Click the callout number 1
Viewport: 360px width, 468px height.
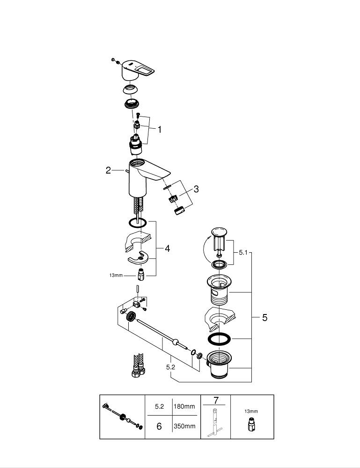point(159,130)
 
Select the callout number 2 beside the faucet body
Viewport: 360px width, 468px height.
point(108,171)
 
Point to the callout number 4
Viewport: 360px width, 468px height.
point(167,249)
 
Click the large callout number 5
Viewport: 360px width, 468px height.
point(264,318)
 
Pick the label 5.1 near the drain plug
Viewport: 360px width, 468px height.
point(242,253)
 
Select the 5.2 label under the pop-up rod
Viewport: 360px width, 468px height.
point(170,367)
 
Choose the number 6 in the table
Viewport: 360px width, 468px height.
point(159,426)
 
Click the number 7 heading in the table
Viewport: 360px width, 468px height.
point(216,400)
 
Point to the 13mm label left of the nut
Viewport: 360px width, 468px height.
point(115,276)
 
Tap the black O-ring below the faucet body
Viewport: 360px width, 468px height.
point(137,223)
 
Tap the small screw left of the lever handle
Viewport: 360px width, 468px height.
point(113,60)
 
